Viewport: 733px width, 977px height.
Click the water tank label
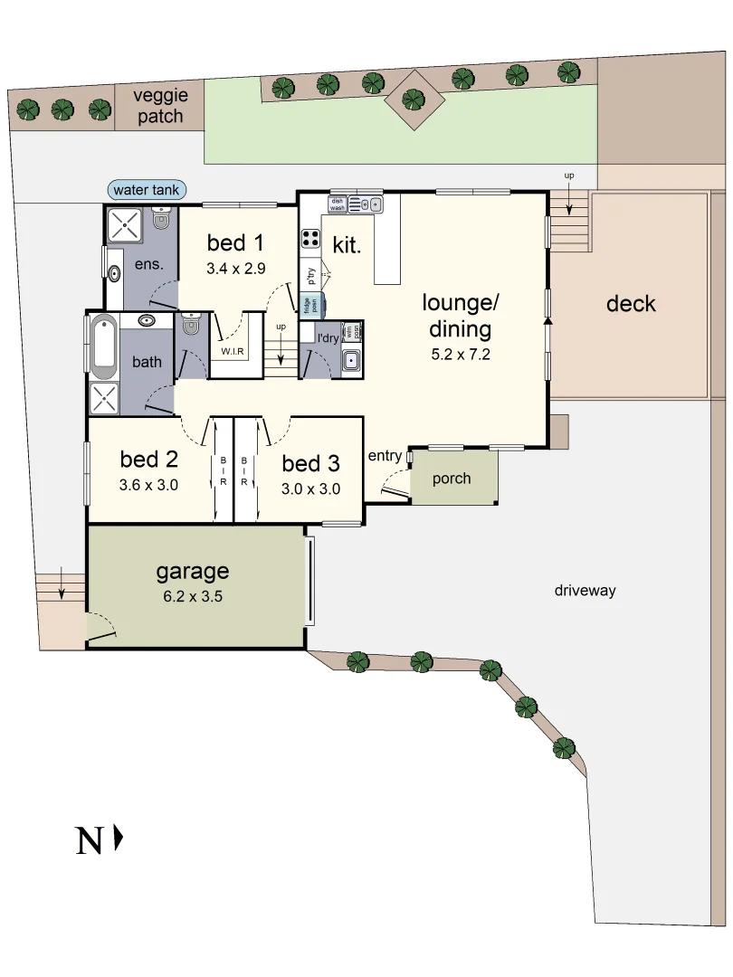148,190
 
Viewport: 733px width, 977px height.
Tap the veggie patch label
159,106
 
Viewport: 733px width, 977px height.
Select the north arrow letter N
89,841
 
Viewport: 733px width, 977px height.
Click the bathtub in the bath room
102,346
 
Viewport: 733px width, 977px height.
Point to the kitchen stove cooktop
311,239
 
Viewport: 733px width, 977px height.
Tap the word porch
452,478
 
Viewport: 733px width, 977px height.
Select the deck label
631,304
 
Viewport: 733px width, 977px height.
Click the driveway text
585,591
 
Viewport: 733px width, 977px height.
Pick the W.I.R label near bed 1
233,351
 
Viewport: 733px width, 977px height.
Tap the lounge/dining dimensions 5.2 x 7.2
461,355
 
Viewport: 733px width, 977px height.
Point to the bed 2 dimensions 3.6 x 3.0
148,484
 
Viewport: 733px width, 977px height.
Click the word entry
385,456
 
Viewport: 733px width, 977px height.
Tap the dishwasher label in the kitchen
337,204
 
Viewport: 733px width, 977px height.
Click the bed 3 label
310,464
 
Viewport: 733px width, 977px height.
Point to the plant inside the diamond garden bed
414,99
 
